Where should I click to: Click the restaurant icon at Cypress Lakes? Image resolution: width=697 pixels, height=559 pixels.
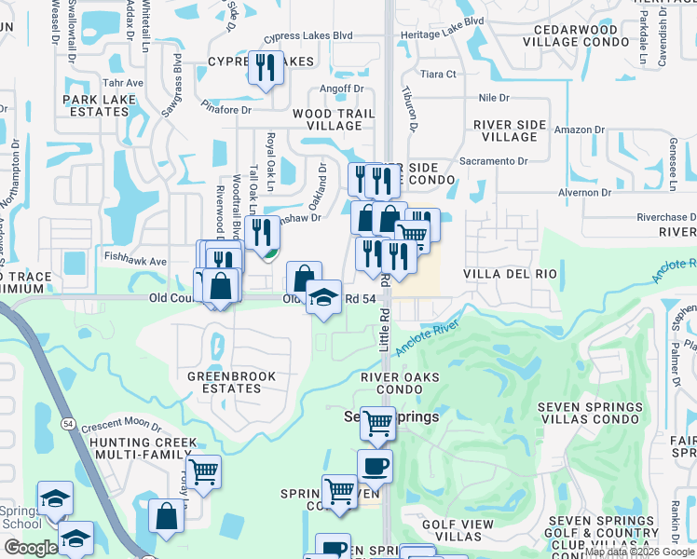[x=266, y=67]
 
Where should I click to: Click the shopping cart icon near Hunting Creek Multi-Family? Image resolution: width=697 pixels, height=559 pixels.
[x=203, y=471]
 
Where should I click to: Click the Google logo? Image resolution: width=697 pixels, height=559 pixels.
[x=31, y=548]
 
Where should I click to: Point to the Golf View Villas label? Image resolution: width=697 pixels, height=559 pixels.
[x=458, y=531]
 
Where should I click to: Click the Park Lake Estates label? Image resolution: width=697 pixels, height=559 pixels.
[x=95, y=105]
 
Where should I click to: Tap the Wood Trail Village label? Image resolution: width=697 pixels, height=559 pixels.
[x=333, y=119]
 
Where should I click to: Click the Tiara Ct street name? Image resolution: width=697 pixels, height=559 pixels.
[x=438, y=74]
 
